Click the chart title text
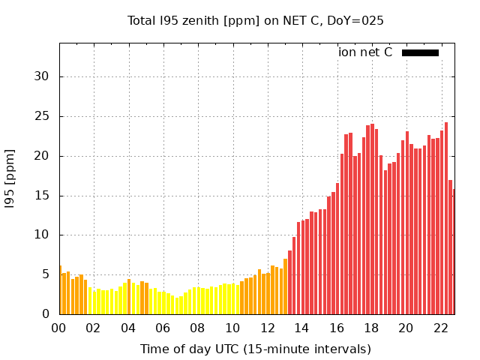pyautogui.click(x=256, y=20)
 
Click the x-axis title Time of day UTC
pyautogui.click(x=256, y=349)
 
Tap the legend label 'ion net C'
pyautogui.click(x=365, y=52)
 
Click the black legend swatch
pyautogui.click(x=420, y=52)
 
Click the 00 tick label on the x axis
pyautogui.click(x=59, y=328)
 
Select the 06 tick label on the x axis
pyautogui.click(x=163, y=328)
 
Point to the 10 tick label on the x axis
pyautogui.click(x=232, y=328)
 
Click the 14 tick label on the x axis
pyautogui.click(x=301, y=328)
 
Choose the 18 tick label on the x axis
pyautogui.click(x=371, y=328)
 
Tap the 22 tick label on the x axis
pyautogui.click(x=440, y=328)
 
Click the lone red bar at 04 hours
pyautogui.click(x=129, y=298)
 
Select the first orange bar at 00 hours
pyautogui.click(x=61, y=291)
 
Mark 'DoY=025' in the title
pyautogui.click(x=358, y=20)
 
